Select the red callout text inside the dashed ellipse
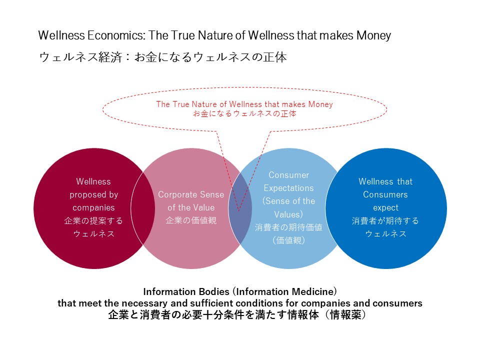coord(244,108)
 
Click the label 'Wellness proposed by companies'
coord(93,194)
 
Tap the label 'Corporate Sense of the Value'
coord(191,201)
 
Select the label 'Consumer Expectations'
coord(289,182)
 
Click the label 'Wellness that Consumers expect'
coord(385,194)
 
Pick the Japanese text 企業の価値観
coord(191,220)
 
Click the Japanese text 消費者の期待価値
coord(289,227)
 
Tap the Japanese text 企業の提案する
coord(93,220)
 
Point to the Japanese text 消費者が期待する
coord(385,220)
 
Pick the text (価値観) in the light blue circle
coord(289,240)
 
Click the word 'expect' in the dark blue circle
coord(385,207)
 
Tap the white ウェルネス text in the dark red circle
coord(93,233)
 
